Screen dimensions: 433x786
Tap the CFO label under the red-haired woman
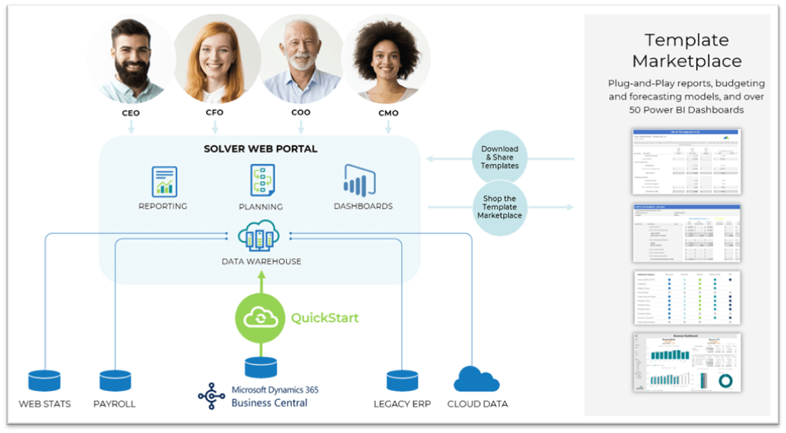pyautogui.click(x=215, y=112)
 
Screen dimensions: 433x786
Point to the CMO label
pyautogui.click(x=389, y=113)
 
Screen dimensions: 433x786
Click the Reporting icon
pyautogui.click(x=164, y=182)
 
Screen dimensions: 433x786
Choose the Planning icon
pyautogui.click(x=262, y=181)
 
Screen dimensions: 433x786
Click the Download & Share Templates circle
pyautogui.click(x=499, y=157)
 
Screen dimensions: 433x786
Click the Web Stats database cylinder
pyautogui.click(x=44, y=381)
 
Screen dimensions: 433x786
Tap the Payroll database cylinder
pyautogui.click(x=115, y=381)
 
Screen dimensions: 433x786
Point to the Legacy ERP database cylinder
pyautogui.click(x=402, y=381)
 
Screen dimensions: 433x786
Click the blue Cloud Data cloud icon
pyautogui.click(x=477, y=380)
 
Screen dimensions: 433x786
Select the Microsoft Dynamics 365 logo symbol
pyautogui.click(x=211, y=396)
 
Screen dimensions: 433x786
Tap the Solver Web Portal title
pyautogui.click(x=261, y=149)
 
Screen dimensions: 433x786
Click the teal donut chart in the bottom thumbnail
pyautogui.click(x=725, y=381)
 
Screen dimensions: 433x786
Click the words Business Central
pyautogui.click(x=269, y=403)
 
